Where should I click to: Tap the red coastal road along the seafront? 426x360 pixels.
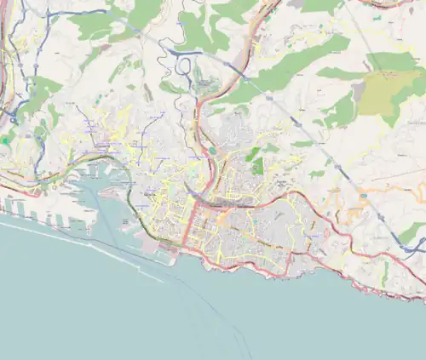point(281,271)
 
